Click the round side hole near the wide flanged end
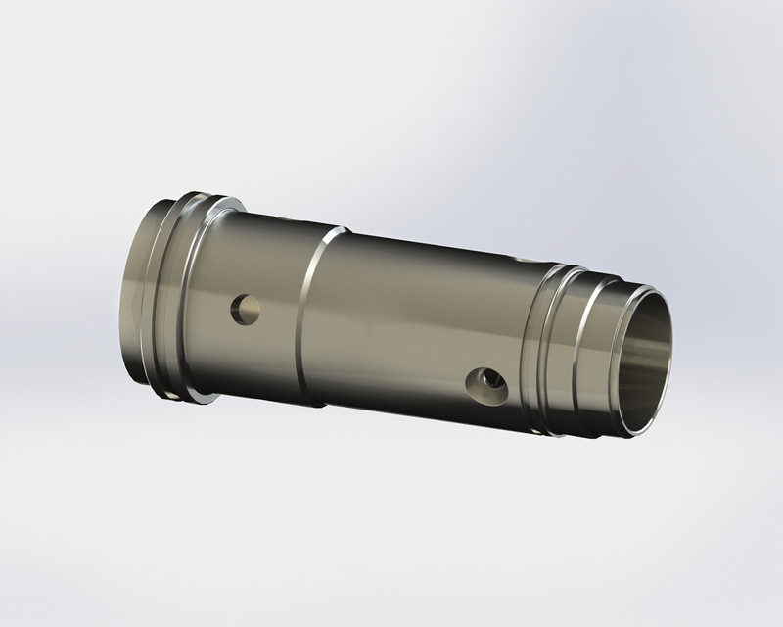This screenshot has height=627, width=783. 245,312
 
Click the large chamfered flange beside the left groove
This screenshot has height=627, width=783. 196,299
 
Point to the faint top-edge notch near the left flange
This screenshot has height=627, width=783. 284,215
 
